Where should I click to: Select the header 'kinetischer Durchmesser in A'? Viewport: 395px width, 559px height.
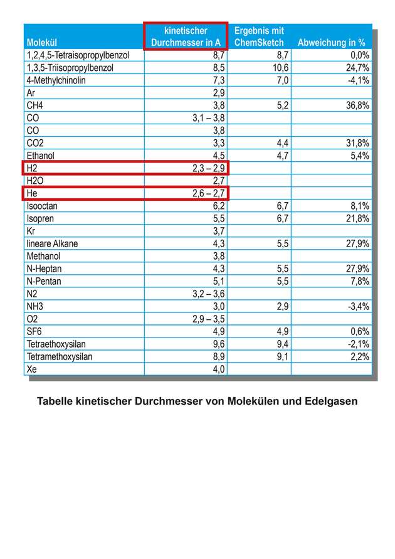coord(186,36)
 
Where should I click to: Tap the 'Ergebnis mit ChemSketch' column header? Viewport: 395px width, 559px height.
coord(259,36)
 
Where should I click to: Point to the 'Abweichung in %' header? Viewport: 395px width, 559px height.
coord(332,43)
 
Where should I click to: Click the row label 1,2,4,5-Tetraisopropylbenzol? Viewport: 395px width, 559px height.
coord(78,55)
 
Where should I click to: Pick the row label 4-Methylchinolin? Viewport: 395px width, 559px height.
coord(56,80)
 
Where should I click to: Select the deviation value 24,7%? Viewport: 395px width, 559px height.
coord(355,68)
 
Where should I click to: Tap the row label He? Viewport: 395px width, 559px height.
coord(33,193)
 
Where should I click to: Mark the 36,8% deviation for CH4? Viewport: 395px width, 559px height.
coord(355,105)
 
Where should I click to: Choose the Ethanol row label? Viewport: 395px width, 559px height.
coord(41,155)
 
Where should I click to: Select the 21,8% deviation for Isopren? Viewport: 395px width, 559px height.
coord(355,218)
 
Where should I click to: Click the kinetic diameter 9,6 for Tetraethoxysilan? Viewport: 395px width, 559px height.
coord(218,344)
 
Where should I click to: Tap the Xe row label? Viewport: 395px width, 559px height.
coord(32,369)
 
